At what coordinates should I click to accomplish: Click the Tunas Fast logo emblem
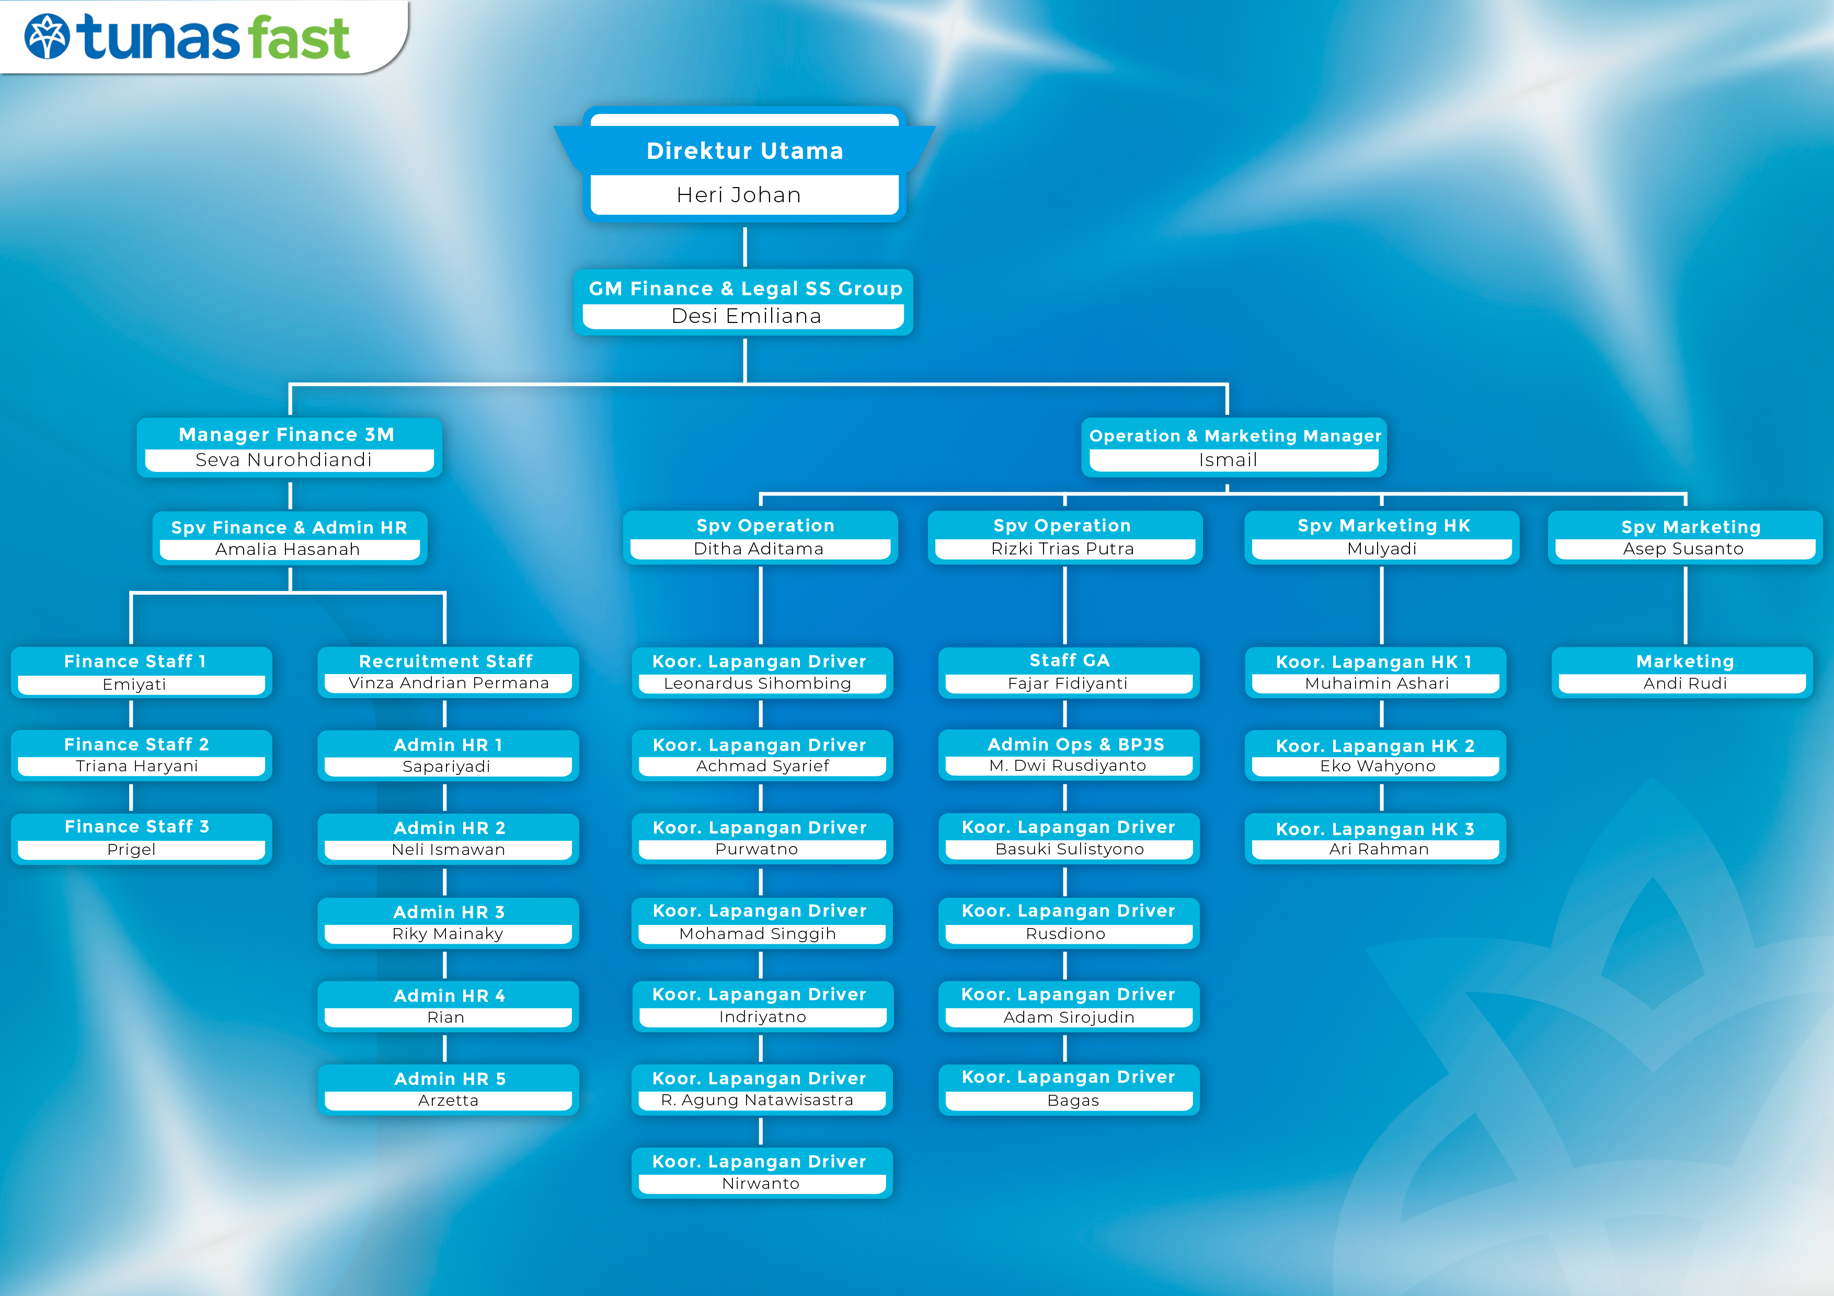click(47, 37)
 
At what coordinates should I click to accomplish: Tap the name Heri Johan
click(739, 195)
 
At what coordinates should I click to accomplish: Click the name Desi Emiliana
click(746, 316)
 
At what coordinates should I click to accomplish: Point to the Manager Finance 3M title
click(287, 434)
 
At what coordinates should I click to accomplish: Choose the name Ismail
click(1228, 460)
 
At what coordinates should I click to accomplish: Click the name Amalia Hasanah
click(288, 549)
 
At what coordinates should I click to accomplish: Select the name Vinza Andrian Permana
click(449, 682)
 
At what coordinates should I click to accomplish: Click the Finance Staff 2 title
click(136, 744)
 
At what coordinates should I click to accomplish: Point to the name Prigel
click(132, 850)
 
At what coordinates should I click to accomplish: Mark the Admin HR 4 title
click(450, 996)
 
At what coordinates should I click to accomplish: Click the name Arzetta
click(448, 1101)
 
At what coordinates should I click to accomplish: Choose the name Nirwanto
click(761, 1184)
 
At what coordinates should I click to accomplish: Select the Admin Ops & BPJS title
click(1076, 744)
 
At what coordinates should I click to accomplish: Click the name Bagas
click(1073, 1101)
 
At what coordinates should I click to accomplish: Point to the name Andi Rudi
click(1686, 684)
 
